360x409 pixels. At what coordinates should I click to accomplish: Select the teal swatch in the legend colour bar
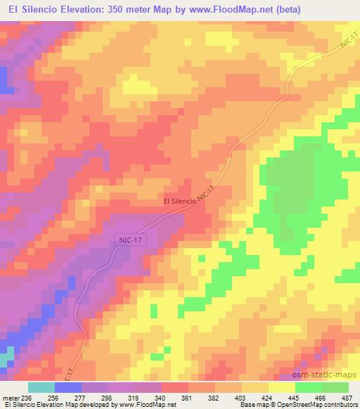pyautogui.click(x=41, y=387)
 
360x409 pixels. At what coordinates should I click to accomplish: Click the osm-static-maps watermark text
pyautogui.click(x=324, y=375)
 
